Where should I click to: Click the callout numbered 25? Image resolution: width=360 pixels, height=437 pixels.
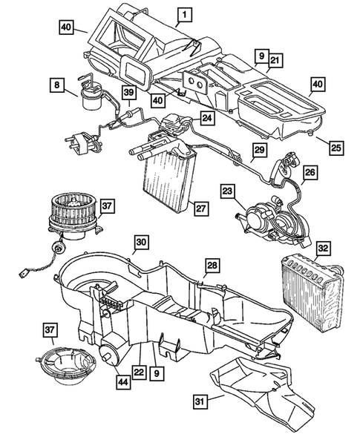(336, 148)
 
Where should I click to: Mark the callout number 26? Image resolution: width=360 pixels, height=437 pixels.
(310, 173)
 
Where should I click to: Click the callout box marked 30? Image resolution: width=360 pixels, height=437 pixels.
(141, 242)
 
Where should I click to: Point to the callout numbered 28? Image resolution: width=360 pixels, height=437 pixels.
(212, 265)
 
